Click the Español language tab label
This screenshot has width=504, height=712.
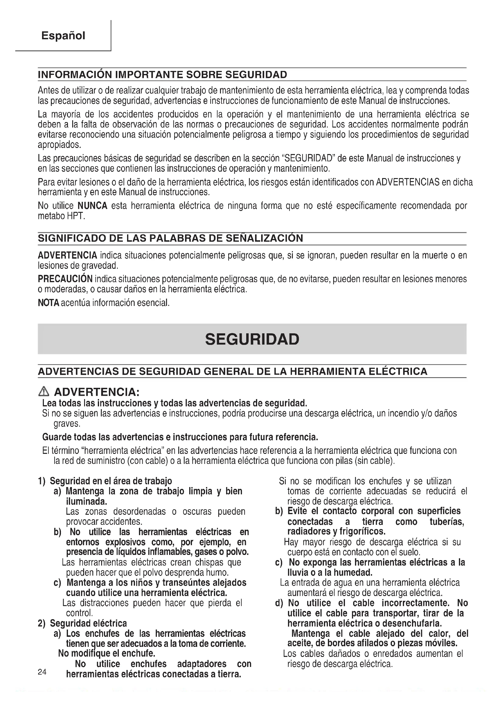pyautogui.click(x=63, y=36)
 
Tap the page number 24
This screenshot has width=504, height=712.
pyautogui.click(x=42, y=672)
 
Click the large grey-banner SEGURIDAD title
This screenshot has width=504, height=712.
pyautogui.click(x=252, y=339)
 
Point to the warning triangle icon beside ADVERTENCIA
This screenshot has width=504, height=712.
pyautogui.click(x=44, y=392)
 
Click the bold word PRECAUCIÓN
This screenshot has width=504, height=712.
pyautogui.click(x=65, y=279)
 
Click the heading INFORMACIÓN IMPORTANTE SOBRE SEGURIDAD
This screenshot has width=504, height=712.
pyautogui.click(x=162, y=75)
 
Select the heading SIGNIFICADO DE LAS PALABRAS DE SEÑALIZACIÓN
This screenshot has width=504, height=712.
pyautogui.click(x=170, y=238)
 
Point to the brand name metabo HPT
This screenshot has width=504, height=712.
pyautogui.click(x=61, y=216)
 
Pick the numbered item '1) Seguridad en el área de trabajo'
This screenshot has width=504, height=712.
pyautogui.click(x=105, y=481)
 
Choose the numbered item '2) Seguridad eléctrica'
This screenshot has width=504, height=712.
pyautogui.click(x=83, y=623)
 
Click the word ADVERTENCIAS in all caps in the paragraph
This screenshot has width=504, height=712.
pyautogui.click(x=407, y=182)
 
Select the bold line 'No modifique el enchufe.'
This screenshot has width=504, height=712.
pyautogui.click(x=106, y=653)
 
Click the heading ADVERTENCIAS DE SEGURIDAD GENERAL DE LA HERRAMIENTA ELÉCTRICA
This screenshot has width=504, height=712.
pyautogui.click(x=232, y=371)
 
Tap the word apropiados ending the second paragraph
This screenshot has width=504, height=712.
pyautogui.click(x=59, y=145)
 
